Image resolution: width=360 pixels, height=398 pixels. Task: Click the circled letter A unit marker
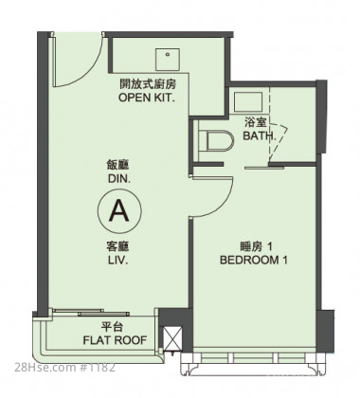click(119, 210)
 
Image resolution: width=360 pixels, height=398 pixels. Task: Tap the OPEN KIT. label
click(147, 98)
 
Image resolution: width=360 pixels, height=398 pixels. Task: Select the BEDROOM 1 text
click(254, 261)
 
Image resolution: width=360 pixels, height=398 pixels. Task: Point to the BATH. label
click(259, 136)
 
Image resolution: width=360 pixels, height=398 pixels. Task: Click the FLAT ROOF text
click(115, 340)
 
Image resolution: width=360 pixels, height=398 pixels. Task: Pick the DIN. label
click(119, 179)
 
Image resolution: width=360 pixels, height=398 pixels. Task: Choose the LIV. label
click(117, 261)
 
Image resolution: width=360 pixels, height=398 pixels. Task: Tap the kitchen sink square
click(168, 60)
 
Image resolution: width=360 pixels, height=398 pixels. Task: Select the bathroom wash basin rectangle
click(248, 102)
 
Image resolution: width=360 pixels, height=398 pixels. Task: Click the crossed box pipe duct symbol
click(173, 339)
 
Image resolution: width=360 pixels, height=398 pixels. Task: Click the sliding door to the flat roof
click(91, 313)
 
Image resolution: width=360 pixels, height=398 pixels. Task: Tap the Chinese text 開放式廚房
click(148, 84)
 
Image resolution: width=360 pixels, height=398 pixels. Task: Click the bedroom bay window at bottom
click(254, 364)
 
